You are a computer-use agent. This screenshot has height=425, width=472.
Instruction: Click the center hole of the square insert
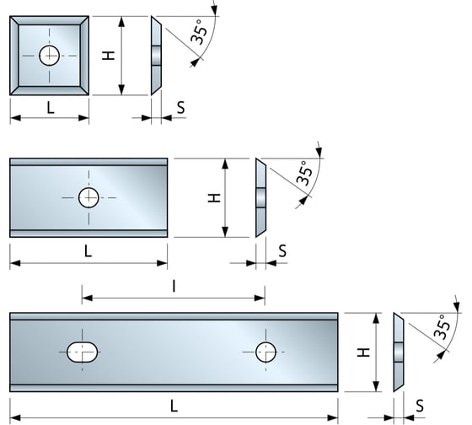pyautogui.click(x=50, y=56)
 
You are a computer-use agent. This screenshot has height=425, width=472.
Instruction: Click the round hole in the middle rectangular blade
pyautogui.click(x=88, y=198)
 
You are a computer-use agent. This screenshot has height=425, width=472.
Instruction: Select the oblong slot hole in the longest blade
pyautogui.click(x=83, y=352)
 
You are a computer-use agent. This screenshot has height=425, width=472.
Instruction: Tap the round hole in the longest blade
pyautogui.click(x=265, y=352)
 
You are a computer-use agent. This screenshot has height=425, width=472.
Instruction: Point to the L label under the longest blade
pyautogui.click(x=174, y=406)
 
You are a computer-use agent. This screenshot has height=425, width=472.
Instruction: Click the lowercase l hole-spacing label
pyautogui.click(x=174, y=287)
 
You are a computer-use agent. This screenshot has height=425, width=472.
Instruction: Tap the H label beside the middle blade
pyautogui.click(x=214, y=197)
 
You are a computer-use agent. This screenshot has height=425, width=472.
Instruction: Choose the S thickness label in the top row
pyautogui.click(x=181, y=109)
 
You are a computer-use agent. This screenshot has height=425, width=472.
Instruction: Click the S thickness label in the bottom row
pyautogui.click(x=419, y=406)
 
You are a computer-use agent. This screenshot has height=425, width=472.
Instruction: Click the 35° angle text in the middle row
pyautogui.click(x=305, y=174)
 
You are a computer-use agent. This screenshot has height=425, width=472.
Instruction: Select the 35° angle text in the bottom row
pyautogui.click(x=442, y=327)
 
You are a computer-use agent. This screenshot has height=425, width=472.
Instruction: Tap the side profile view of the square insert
pyautogui.click(x=156, y=56)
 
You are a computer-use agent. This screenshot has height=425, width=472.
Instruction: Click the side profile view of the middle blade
pyautogui.click(x=260, y=198)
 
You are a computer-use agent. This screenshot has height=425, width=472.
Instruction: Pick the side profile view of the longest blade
pyautogui.click(x=399, y=352)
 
